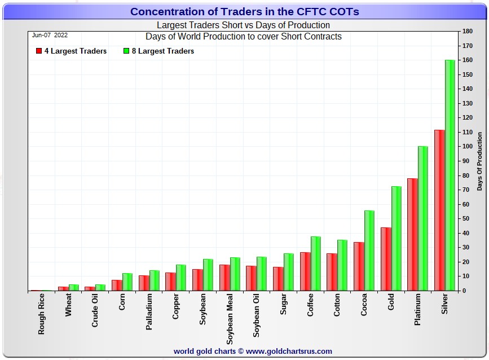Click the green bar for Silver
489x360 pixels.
click(450, 175)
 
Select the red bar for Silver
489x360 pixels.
click(439, 210)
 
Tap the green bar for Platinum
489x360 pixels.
click(422, 218)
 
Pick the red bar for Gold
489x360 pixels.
click(386, 259)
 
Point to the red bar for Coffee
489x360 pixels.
click(305, 271)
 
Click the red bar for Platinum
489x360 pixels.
click(412, 234)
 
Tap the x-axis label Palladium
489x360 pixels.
click(149, 311)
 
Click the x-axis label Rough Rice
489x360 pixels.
click(42, 314)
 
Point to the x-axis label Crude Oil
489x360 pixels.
click(95, 313)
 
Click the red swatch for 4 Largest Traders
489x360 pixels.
click(38, 51)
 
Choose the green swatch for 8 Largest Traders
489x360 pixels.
click(127, 51)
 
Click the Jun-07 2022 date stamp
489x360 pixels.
click(50, 35)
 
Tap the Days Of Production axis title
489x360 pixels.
click(479, 161)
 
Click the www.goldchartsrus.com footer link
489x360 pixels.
click(288, 352)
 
